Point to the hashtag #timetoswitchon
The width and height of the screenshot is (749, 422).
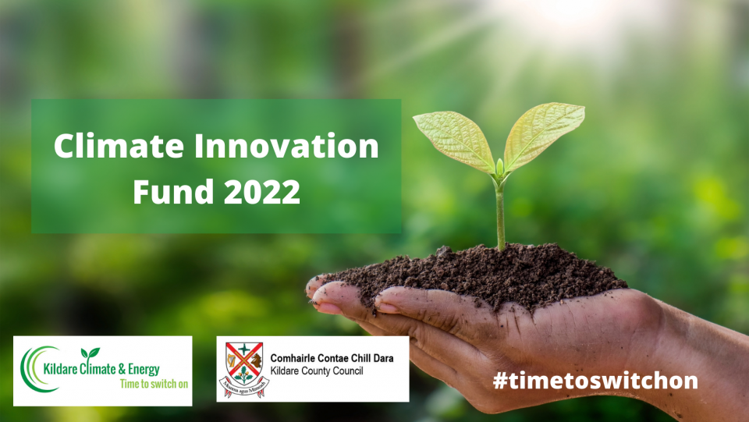click(x=595, y=381)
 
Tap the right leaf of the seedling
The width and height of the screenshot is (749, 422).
click(x=543, y=133)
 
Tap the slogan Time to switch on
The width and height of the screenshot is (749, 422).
click(x=153, y=384)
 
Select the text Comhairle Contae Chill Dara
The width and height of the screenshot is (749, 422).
click(x=332, y=358)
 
